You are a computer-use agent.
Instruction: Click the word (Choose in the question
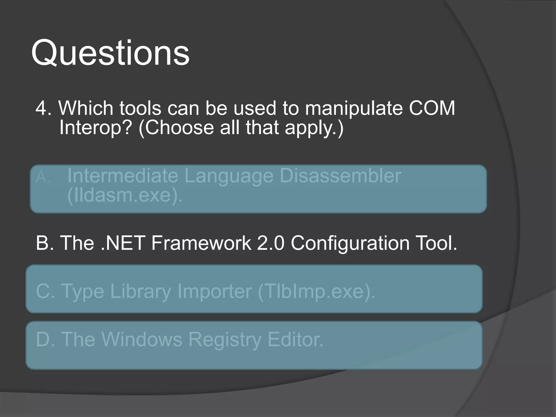click(176, 127)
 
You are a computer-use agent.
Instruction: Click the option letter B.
click(44, 243)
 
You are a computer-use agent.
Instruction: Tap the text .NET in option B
click(122, 243)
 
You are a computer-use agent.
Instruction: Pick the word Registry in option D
click(225, 340)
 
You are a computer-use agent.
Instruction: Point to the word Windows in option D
click(142, 339)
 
